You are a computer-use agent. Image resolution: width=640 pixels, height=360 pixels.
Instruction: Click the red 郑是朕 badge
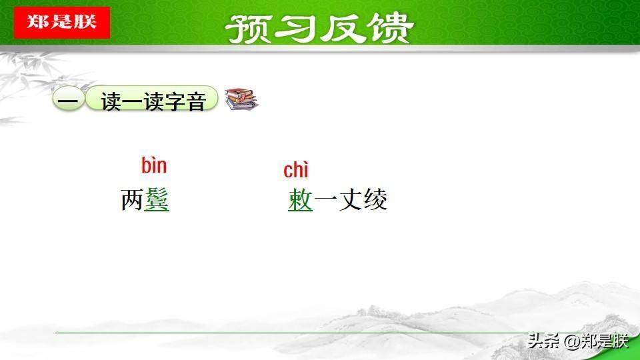(x=62, y=23)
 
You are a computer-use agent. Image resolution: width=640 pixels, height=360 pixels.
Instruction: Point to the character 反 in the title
(x=342, y=29)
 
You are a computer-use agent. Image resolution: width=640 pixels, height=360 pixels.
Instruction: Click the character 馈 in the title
(x=389, y=29)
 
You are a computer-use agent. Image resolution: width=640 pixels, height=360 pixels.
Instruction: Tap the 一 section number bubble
(x=68, y=99)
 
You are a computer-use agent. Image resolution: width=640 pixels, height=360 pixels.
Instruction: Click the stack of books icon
(x=241, y=99)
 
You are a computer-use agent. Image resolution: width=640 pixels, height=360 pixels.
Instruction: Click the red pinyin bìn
(x=154, y=165)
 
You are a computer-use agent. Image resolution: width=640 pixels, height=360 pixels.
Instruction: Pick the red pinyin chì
(x=296, y=170)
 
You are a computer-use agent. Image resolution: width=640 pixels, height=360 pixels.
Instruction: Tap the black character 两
(x=132, y=200)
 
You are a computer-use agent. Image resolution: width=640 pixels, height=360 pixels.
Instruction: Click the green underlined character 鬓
(x=157, y=199)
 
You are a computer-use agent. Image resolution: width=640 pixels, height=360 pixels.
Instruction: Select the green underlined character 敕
(x=301, y=199)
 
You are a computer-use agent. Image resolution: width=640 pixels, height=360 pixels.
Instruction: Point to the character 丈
(x=350, y=199)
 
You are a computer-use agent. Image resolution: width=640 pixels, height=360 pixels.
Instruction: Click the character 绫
(x=375, y=199)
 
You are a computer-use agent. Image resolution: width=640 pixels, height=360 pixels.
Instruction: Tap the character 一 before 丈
(x=325, y=199)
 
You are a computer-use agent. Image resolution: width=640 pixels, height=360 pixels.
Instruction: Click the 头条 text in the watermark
(x=543, y=341)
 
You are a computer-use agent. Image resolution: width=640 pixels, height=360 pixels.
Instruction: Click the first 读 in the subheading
(x=111, y=101)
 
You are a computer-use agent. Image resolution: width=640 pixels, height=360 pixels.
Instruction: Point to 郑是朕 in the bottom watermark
(x=605, y=341)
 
